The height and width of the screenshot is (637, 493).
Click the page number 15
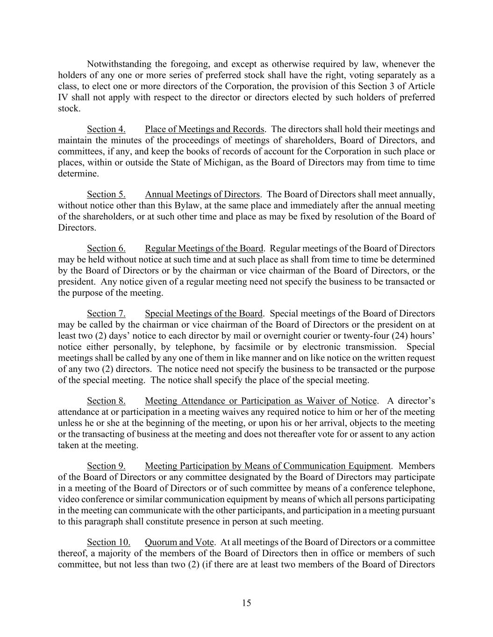[246, 603]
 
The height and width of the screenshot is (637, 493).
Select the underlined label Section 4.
[106, 129]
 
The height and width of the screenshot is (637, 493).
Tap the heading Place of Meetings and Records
[205, 129]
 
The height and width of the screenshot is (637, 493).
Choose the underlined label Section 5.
[106, 195]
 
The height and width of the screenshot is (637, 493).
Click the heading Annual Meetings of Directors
[202, 195]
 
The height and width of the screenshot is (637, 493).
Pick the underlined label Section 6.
[106, 249]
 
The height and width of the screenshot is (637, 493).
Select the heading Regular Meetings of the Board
[204, 249]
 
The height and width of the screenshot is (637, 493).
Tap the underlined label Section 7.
[106, 314]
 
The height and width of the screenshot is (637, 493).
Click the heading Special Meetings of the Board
[204, 314]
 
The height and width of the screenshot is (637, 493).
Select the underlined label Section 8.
[106, 401]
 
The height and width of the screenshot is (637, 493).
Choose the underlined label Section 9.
[106, 466]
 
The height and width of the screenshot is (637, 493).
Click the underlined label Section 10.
[108, 542]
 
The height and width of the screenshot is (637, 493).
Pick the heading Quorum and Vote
[179, 542]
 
